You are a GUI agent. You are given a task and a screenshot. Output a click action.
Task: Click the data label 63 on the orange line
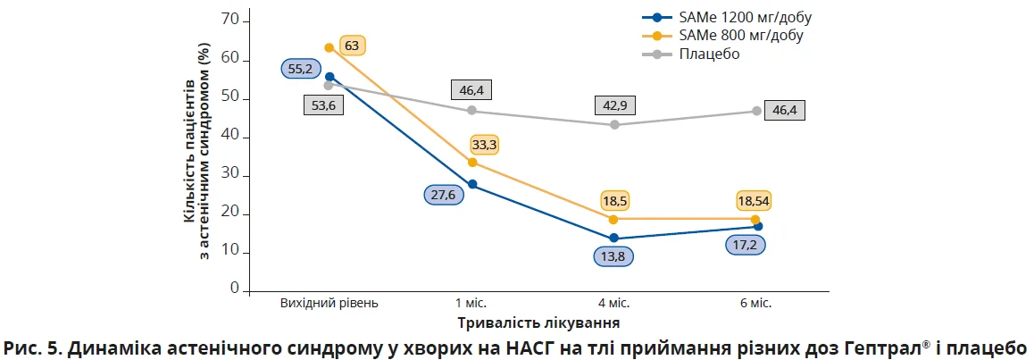[351, 46]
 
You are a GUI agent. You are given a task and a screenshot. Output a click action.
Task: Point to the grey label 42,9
[613, 105]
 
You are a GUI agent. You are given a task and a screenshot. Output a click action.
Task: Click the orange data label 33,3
[486, 143]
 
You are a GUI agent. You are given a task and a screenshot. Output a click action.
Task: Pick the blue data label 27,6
[443, 195]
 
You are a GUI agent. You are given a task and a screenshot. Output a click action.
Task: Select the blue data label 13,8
[613, 256]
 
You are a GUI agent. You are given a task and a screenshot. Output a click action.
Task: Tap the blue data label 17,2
[743, 243]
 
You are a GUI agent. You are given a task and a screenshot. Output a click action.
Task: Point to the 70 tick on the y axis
[229, 20]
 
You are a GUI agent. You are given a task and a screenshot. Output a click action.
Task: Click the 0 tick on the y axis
[235, 289]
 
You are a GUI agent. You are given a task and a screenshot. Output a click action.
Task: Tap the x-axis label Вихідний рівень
[329, 303]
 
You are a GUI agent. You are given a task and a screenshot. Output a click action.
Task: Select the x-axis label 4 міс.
[613, 303]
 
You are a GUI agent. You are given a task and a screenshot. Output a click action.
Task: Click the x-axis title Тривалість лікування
[538, 322]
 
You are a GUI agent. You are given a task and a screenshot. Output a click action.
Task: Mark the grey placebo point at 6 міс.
[756, 111]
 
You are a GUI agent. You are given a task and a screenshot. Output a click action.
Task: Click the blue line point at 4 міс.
[613, 239]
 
